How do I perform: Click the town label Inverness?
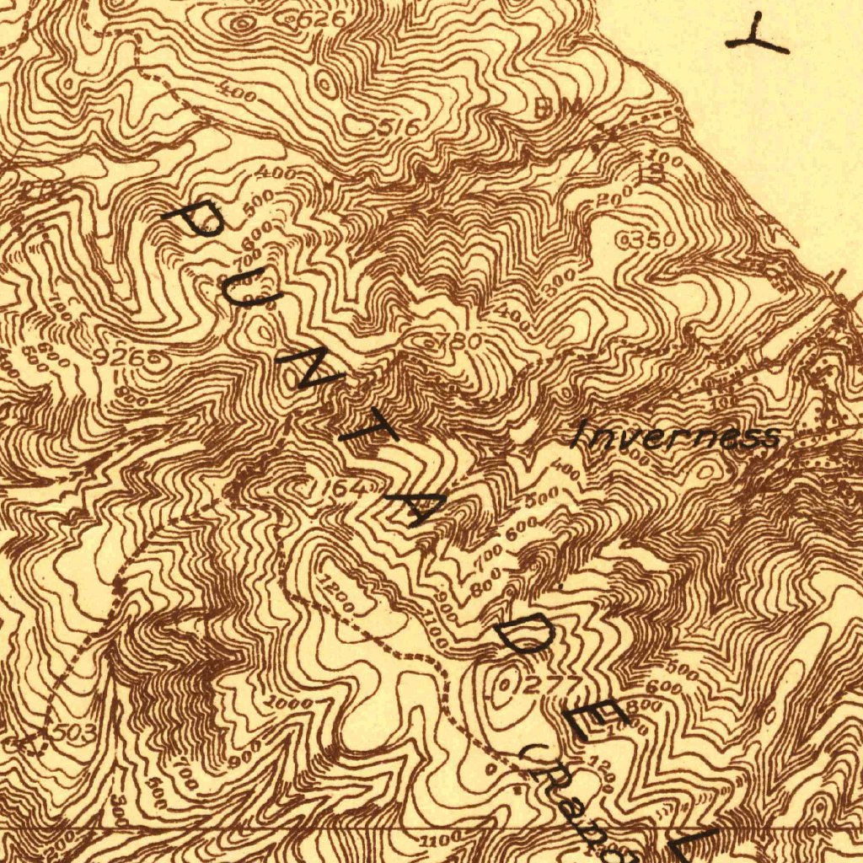coord(675,437)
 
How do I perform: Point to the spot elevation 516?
coord(399,127)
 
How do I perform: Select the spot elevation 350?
coord(651,240)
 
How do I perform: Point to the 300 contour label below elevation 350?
coord(559,279)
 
